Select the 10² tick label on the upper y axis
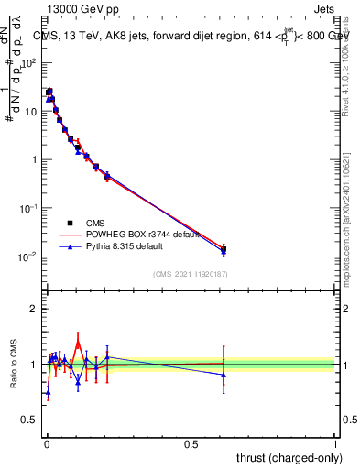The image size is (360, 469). pos(29,63)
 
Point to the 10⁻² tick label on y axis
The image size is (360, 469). pos(29,256)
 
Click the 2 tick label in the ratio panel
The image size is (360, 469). pos(33,309)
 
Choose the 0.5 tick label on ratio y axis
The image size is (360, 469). pos(29,420)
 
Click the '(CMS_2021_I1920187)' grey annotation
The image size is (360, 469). pos(190,273)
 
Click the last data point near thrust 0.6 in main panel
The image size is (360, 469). pos(224,249)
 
